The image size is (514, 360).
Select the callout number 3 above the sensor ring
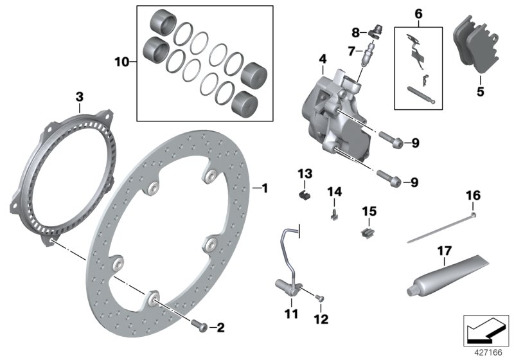79,96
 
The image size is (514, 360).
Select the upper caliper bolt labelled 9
391,141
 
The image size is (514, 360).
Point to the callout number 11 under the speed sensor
292,314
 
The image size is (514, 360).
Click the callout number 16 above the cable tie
473,195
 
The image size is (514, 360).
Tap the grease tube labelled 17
450,275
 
